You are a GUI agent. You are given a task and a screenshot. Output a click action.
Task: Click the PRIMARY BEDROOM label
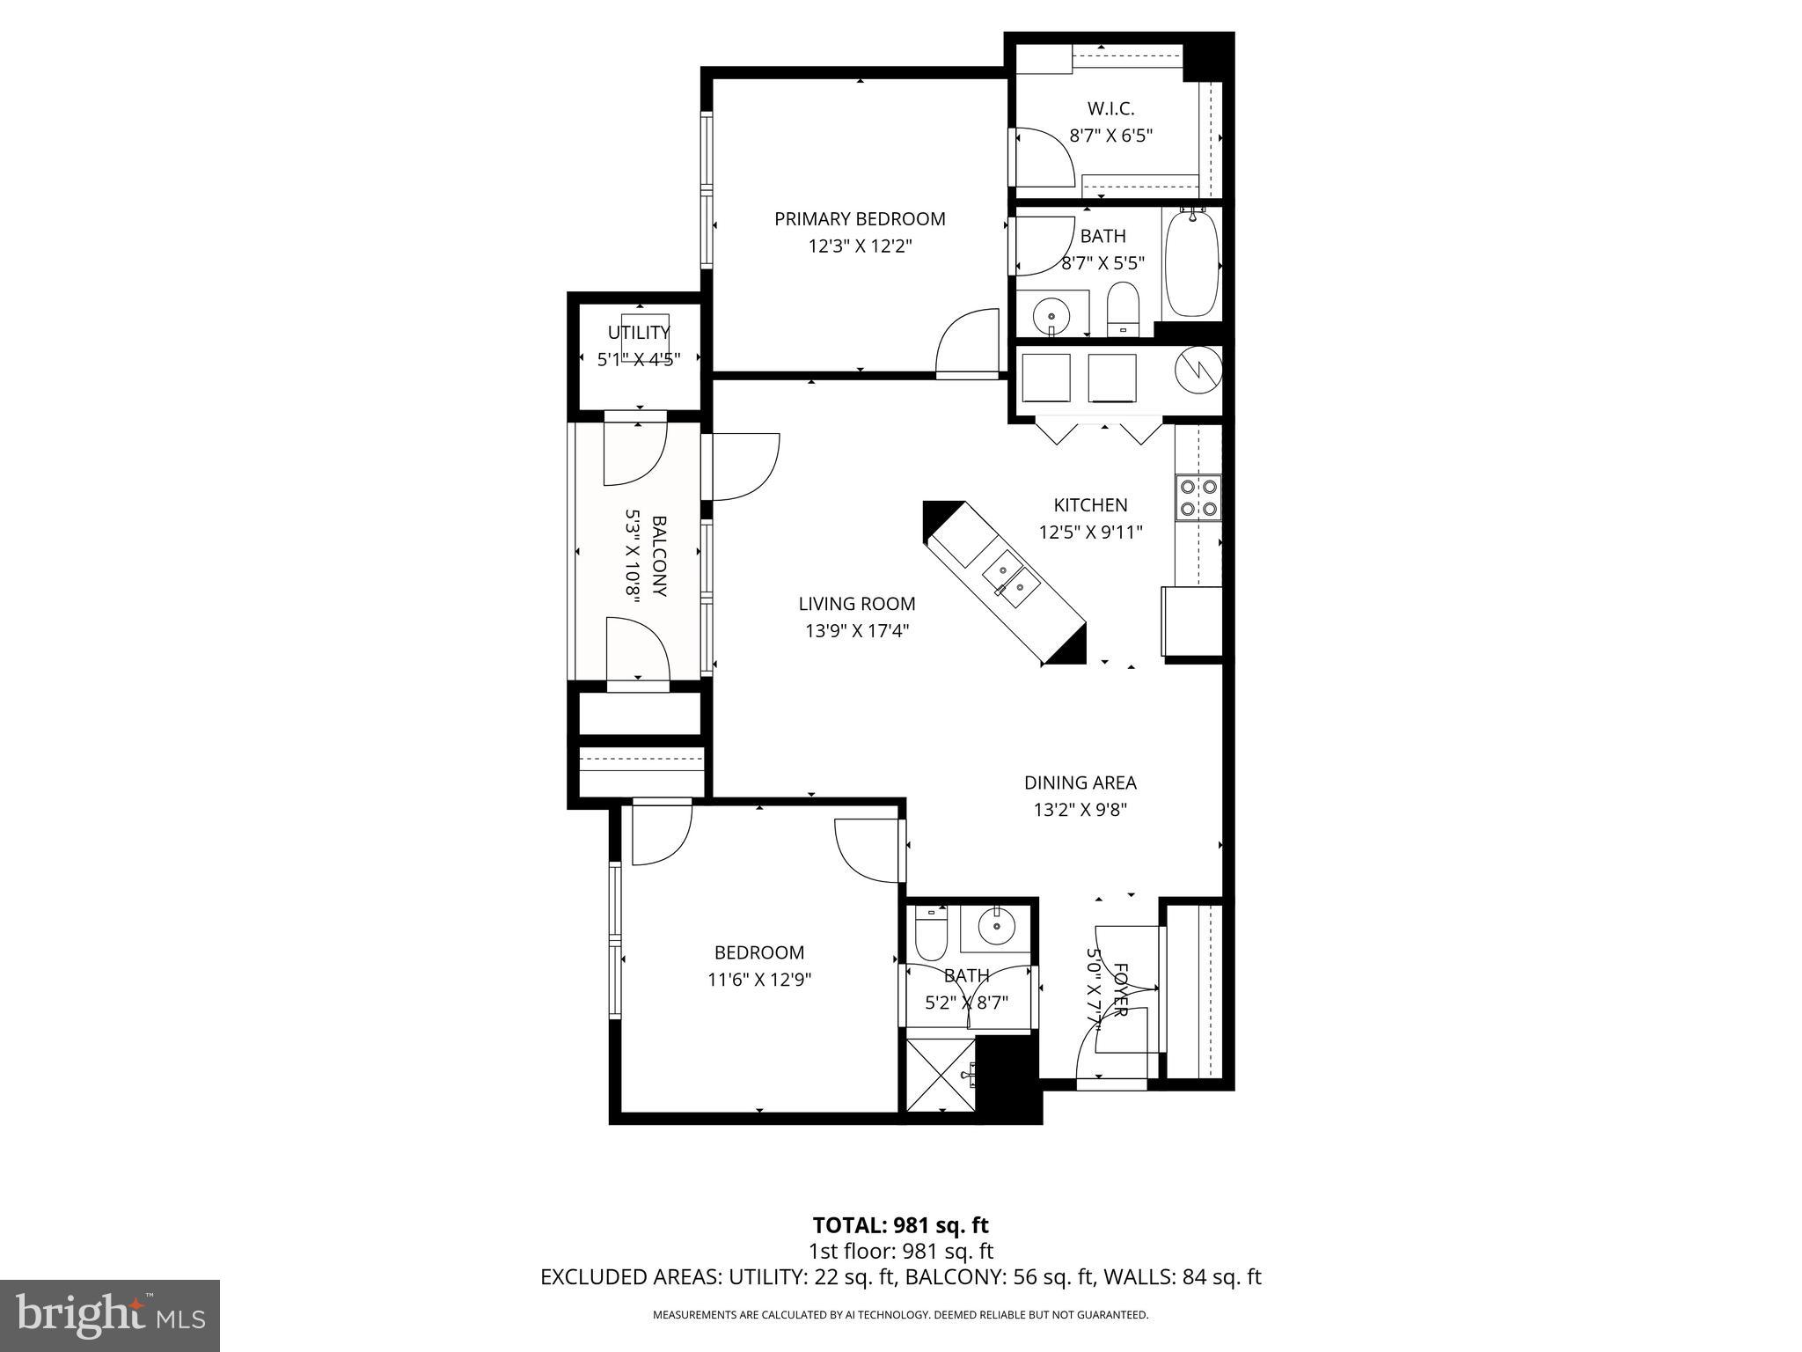pyautogui.click(x=860, y=219)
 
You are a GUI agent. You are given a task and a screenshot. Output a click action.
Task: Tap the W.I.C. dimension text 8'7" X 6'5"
pyautogui.click(x=1110, y=136)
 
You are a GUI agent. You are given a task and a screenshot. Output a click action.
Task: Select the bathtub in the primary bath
pyautogui.click(x=1192, y=263)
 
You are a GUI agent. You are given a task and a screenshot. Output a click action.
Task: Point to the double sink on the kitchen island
pyautogui.click(x=1011, y=577)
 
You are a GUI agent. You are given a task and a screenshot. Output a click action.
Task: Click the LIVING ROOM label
pyautogui.click(x=856, y=604)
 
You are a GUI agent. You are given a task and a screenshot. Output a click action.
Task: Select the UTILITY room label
pyautogui.click(x=639, y=333)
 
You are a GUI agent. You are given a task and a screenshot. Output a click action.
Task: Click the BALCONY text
pyautogui.click(x=659, y=556)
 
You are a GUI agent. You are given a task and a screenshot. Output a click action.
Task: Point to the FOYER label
pyautogui.click(x=1120, y=990)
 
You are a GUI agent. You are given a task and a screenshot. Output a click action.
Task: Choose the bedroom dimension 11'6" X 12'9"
pyautogui.click(x=758, y=980)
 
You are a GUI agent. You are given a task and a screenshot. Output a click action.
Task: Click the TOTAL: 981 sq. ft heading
pyautogui.click(x=900, y=1225)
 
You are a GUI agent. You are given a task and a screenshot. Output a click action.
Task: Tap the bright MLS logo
pyautogui.click(x=110, y=1314)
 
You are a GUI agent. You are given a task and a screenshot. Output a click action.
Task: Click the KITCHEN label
pyautogui.click(x=1090, y=505)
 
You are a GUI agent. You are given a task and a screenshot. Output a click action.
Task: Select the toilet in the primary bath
pyautogui.click(x=1122, y=308)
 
